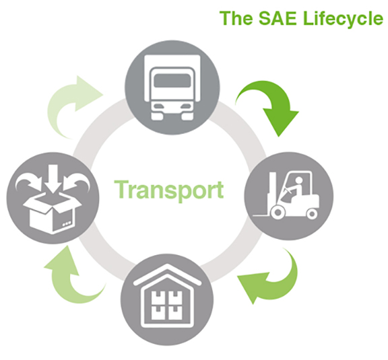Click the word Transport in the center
169,190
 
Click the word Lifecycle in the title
343,18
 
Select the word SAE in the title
278,18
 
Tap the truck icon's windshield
172,80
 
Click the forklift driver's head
299,180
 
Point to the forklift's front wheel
278,212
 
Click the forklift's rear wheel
312,213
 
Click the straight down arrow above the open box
53,179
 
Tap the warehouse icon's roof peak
167,266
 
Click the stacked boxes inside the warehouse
167,305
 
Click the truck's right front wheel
187,116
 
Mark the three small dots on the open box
67,224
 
